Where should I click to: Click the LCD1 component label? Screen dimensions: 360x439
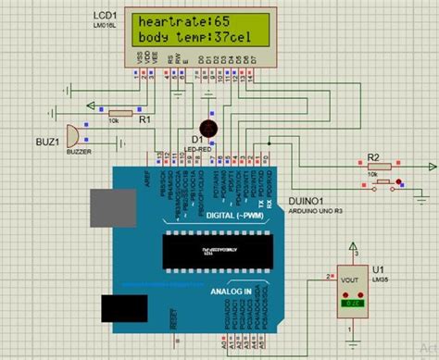coord(105,17)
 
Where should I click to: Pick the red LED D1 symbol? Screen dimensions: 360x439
coord(208,128)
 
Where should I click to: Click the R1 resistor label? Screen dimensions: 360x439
coord(144,118)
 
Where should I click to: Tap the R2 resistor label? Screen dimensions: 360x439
coord(374,156)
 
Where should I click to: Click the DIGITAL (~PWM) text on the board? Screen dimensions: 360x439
coord(206,216)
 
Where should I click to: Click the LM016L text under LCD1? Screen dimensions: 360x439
coord(107,26)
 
